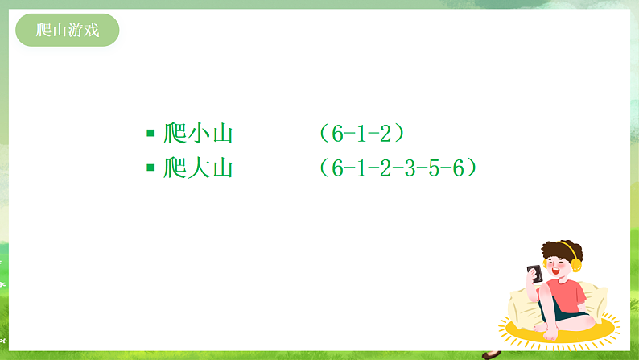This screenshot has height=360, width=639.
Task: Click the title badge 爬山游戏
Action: pyautogui.click(x=68, y=31)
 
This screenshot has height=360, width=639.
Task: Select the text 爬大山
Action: pyautogui.click(x=198, y=168)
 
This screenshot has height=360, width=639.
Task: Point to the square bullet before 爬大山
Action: pyautogui.click(x=150, y=168)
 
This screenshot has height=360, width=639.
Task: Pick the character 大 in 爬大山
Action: pyautogui.click(x=198, y=168)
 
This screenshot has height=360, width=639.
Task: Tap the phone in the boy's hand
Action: pyautogui.click(x=534, y=273)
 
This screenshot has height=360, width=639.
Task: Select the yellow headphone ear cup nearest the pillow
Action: pyautogui.click(x=575, y=264)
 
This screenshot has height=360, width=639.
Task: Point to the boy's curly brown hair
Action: pyautogui.click(x=560, y=247)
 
